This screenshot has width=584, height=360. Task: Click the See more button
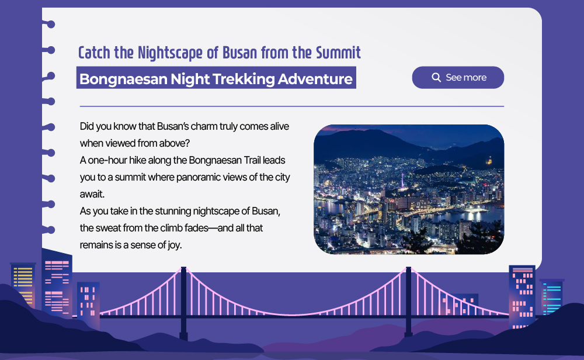458,78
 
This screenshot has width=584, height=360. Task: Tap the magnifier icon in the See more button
436,78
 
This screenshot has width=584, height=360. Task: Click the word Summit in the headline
338,53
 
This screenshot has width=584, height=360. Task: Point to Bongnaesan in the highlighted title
123,79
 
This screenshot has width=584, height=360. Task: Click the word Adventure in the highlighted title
315,79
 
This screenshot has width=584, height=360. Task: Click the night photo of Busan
409,189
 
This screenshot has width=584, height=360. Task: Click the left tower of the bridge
183,303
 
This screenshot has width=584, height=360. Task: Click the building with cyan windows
552,297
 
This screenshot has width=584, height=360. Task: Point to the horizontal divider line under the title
291,106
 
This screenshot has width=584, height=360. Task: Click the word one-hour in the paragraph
107,160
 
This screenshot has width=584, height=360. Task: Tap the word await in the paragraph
92,194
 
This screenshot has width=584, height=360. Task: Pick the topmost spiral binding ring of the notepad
49,24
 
